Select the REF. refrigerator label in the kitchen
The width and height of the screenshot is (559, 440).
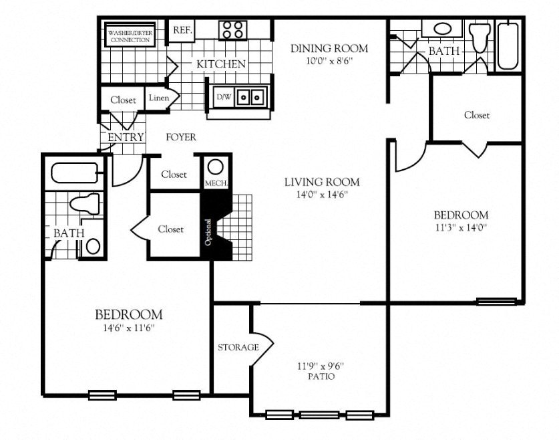[x=182, y=30]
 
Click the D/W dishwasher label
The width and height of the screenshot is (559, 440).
[x=222, y=98]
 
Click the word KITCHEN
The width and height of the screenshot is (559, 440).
[x=220, y=65]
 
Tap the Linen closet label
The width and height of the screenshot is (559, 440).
[x=159, y=98]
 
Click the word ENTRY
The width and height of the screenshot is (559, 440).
[x=126, y=137]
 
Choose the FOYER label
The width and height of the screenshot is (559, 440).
[x=181, y=137]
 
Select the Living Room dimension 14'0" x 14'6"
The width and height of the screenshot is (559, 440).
[x=322, y=195]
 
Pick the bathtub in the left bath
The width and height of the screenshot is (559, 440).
[x=75, y=173]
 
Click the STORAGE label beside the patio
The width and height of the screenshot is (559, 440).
[x=238, y=347]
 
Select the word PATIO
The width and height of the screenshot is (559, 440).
[x=321, y=376]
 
